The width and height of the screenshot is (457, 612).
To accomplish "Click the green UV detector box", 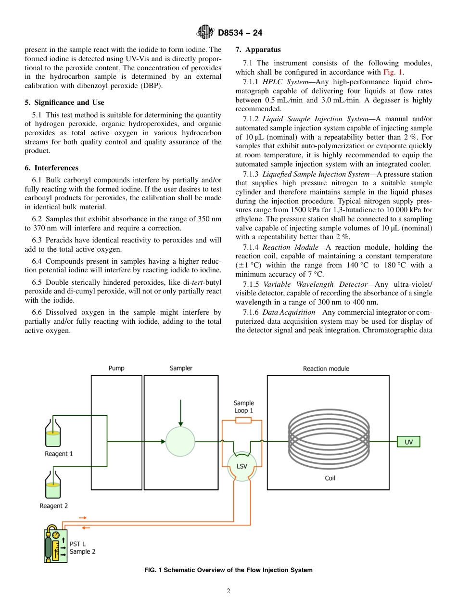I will [408, 442].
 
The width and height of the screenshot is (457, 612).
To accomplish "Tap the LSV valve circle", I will [242, 466].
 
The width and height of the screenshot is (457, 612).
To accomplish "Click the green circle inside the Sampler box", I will [180, 442].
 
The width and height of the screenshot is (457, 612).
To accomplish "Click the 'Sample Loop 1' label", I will [243, 407].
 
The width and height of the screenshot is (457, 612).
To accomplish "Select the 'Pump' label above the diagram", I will [116, 368].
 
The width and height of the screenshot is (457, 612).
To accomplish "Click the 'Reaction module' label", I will [326, 369].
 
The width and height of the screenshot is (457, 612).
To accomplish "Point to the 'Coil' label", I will [330, 478].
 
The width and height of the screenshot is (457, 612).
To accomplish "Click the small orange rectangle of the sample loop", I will [243, 420].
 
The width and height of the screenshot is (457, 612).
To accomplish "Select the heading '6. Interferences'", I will [51, 168].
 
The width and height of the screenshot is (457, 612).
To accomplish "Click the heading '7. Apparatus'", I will [258, 50].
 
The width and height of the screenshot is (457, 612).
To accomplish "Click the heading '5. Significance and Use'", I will [64, 102].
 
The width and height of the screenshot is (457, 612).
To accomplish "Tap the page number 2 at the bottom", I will [228, 591].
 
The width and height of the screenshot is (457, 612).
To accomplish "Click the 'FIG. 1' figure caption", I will [228, 570].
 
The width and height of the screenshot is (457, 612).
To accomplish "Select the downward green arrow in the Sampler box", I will [180, 413].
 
